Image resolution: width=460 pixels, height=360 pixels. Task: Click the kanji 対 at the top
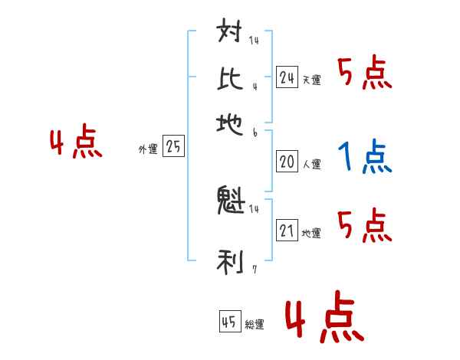[231, 34]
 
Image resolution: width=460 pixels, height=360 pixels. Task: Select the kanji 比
[231, 77]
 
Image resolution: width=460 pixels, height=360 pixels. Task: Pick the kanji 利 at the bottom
[231, 261]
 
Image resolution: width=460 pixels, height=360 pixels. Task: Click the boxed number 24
[287, 77]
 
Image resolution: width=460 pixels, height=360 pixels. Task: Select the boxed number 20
[287, 162]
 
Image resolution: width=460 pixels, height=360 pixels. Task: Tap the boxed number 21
[287, 231]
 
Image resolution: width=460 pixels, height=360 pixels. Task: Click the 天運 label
[311, 80]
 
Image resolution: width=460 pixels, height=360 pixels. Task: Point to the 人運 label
[311, 164]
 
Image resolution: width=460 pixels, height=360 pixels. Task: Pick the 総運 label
[255, 324]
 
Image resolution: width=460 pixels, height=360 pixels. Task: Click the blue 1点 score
[365, 157]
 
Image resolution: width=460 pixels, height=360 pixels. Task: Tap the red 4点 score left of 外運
[76, 144]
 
